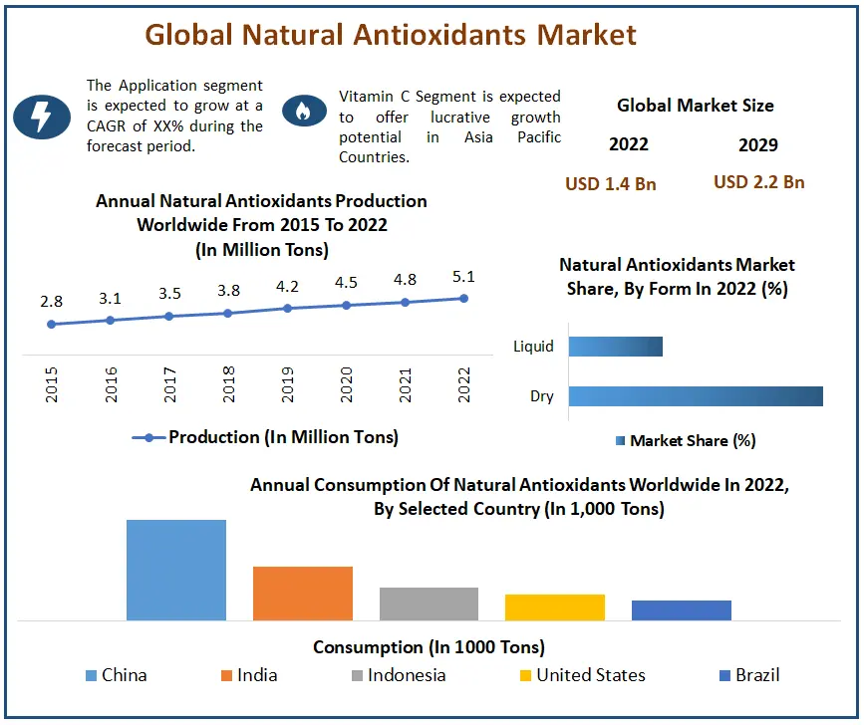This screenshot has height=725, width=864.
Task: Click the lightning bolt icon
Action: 41,116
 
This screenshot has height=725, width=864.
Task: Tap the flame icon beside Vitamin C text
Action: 304,112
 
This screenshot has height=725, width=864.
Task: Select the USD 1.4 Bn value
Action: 610,183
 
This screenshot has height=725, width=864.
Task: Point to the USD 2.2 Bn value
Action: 758,182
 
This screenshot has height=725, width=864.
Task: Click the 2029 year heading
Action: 758,144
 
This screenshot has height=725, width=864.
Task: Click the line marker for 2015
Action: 51,324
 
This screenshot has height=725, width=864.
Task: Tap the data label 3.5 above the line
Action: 169,295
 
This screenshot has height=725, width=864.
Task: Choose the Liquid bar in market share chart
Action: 615,347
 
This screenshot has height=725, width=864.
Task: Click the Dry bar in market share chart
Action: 696,396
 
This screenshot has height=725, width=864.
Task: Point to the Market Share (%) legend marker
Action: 621,440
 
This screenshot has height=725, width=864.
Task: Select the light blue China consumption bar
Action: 176,570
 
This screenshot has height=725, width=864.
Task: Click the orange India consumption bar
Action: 303,594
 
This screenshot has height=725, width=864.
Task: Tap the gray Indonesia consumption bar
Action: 429,604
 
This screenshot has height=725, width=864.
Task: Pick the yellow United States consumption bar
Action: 554,607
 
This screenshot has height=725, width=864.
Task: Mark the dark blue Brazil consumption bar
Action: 681,610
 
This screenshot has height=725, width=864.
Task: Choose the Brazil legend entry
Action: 749,675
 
